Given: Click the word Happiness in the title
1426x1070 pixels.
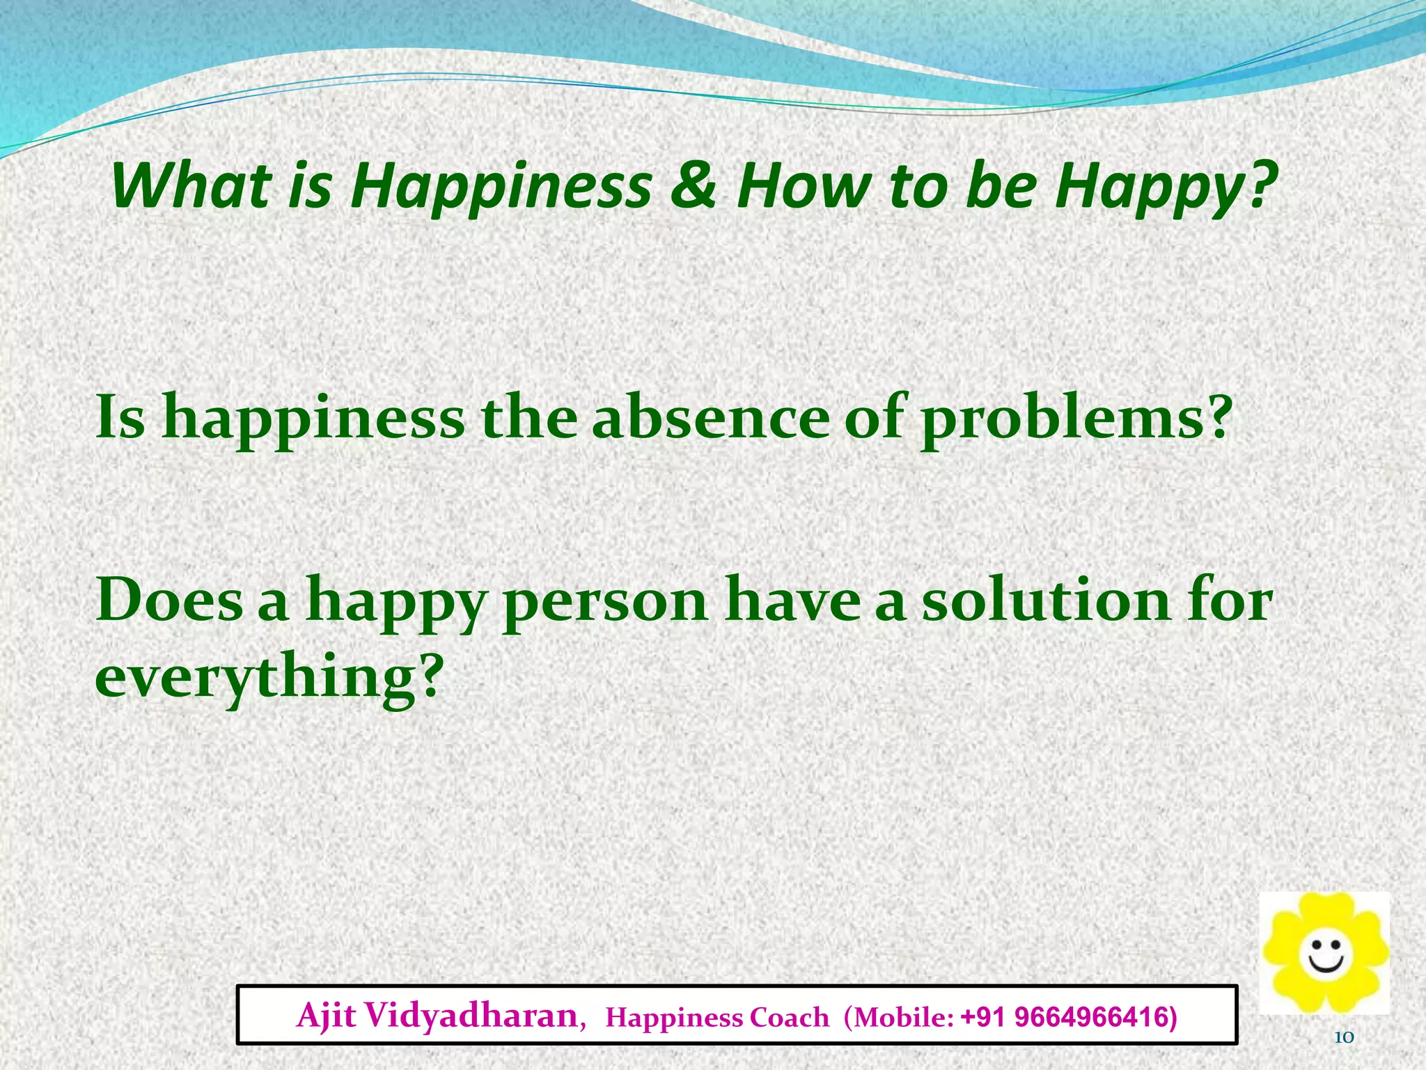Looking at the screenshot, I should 501,187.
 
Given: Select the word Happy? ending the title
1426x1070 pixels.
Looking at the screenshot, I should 1166,187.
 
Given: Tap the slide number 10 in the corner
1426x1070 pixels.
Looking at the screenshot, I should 1343,1038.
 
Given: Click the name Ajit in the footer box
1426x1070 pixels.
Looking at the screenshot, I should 326,1016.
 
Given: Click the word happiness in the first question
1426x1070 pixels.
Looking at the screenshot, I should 313,419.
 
